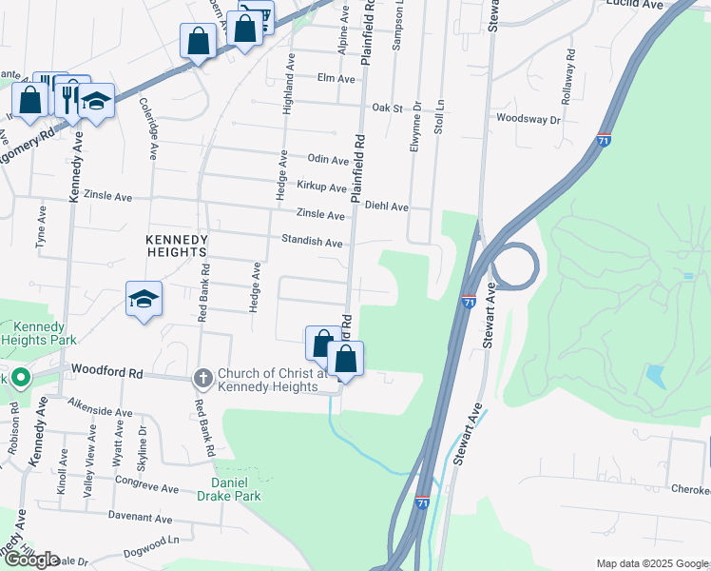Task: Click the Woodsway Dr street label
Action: tap(528, 119)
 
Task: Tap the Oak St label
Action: tap(388, 108)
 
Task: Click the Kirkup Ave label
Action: tap(321, 187)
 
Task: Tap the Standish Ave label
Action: tap(312, 243)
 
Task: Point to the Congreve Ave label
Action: tap(148, 489)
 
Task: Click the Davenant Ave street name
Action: tap(140, 520)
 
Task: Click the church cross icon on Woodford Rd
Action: tap(202, 379)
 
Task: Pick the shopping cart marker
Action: tap(257, 16)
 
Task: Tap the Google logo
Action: tap(31, 559)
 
